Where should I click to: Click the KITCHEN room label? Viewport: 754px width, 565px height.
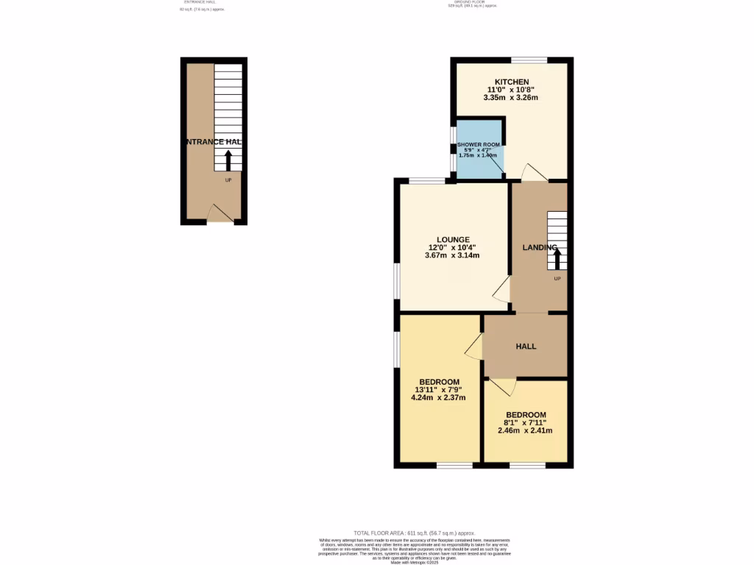tap(511, 82)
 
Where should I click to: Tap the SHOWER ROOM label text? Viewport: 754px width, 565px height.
tap(479, 145)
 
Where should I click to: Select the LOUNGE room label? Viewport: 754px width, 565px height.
tap(452, 240)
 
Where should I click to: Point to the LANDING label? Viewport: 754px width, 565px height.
tap(540, 248)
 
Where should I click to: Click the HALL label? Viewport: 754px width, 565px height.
tap(526, 347)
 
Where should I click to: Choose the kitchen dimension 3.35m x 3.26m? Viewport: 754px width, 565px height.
tap(511, 98)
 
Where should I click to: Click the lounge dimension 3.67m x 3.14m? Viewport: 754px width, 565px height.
tap(452, 256)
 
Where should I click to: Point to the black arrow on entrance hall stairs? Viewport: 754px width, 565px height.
tap(228, 160)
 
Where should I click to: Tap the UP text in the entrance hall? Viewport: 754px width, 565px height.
tap(228, 180)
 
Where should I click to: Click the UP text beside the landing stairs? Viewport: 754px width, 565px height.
tap(557, 279)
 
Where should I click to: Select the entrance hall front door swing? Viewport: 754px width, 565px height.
tap(219, 213)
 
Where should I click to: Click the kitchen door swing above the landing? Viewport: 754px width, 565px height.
tap(534, 173)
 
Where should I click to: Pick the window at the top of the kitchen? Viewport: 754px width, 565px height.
tap(529, 60)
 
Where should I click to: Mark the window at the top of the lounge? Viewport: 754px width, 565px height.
tap(427, 180)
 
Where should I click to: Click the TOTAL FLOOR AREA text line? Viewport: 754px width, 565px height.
tap(414, 533)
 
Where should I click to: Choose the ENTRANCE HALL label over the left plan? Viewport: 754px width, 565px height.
tap(214, 142)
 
